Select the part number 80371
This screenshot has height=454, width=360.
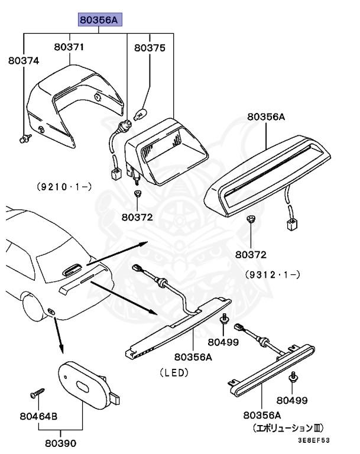pyautogui.click(x=70, y=47)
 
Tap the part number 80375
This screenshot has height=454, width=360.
pyautogui.click(x=150, y=47)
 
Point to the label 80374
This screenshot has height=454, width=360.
pyautogui.click(x=24, y=60)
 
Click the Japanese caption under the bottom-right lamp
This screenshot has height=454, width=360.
pyautogui.click(x=288, y=427)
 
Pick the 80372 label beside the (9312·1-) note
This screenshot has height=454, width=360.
pyautogui.click(x=251, y=255)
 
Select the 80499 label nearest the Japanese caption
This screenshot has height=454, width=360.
pyautogui.click(x=292, y=400)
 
